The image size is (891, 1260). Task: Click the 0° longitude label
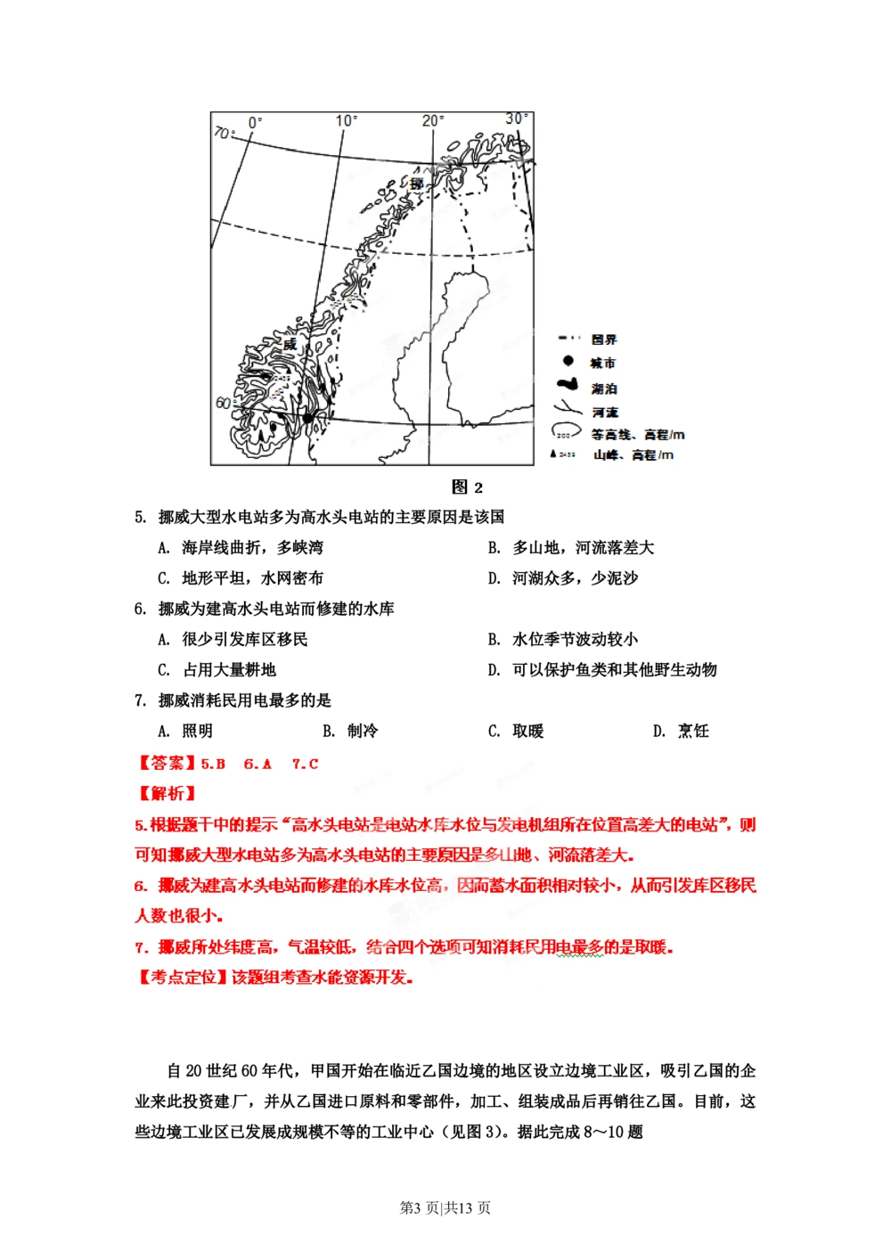[x=256, y=122]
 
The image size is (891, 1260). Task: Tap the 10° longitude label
[x=347, y=120]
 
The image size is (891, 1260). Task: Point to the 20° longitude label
[x=433, y=120]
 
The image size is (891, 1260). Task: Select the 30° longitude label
[x=517, y=119]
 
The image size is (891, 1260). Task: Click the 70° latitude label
[x=223, y=133]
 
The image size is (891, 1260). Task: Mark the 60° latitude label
[x=223, y=403]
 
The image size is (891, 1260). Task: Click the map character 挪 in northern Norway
[x=416, y=184]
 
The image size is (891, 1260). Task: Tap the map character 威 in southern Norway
[x=290, y=345]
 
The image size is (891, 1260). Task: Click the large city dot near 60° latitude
[x=308, y=417]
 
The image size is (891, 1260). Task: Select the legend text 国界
[x=603, y=340]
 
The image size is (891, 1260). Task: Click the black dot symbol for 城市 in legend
[x=568, y=361]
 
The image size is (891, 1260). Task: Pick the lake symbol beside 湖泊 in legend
[x=568, y=386]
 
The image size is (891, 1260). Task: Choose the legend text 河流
[x=605, y=413]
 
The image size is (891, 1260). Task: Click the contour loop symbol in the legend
[x=565, y=432]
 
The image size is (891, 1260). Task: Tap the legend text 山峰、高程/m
[x=634, y=455]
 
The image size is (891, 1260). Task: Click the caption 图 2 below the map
[x=467, y=487]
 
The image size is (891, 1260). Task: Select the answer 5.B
[x=213, y=764]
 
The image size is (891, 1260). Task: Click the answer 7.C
[x=305, y=764]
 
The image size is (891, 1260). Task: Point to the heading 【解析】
[x=167, y=793]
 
